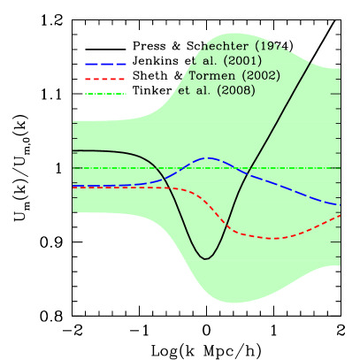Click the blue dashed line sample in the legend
coord(105,64)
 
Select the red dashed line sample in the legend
coord(105,79)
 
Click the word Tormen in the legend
coord(212,75)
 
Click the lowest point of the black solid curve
coord(206,259)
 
